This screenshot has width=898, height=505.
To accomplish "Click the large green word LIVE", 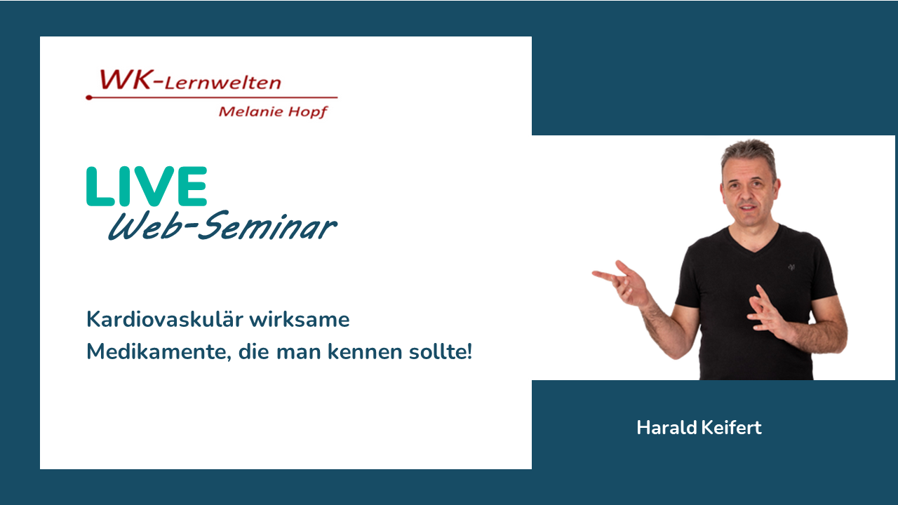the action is [x=147, y=186].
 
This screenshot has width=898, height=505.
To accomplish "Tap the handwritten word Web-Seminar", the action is [x=223, y=226].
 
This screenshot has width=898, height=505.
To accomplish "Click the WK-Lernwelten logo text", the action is [x=190, y=79].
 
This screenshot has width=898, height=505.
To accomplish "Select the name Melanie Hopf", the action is [x=273, y=112].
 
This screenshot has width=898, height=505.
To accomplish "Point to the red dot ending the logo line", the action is [x=89, y=97].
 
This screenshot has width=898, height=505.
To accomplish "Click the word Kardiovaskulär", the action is [x=165, y=319].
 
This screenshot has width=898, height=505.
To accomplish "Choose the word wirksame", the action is [x=300, y=319].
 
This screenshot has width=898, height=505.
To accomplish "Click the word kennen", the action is [x=365, y=351].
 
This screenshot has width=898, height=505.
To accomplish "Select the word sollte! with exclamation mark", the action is [x=440, y=351].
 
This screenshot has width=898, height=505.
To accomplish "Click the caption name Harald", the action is [x=666, y=427].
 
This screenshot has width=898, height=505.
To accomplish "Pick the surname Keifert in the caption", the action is [x=731, y=427].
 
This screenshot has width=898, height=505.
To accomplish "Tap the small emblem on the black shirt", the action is [x=791, y=267].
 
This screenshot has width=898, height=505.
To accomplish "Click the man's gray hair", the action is [x=749, y=157].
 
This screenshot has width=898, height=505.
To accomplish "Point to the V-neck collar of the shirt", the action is [x=753, y=243].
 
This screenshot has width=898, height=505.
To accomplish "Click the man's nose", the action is [x=748, y=194].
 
